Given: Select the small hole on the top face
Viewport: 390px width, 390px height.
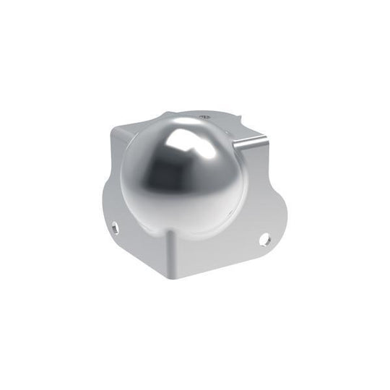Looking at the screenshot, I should coord(204,115).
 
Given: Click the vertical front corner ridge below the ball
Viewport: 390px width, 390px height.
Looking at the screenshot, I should coord(172,246).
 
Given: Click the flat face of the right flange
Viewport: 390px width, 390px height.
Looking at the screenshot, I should coord(224,249).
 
